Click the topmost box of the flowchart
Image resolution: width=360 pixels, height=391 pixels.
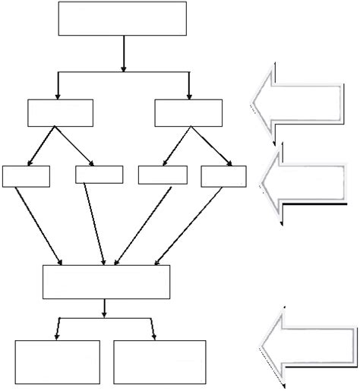coord(122,18)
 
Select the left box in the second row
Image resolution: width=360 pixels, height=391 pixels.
coord(60,112)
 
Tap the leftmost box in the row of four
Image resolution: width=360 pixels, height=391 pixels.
coord(26,175)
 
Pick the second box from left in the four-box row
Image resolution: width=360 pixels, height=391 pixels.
coord(99,175)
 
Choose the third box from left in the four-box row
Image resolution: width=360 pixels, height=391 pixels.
coord(162,175)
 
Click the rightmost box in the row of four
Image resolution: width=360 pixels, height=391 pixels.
coord(223,175)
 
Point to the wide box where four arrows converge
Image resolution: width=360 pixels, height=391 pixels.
coord(106,282)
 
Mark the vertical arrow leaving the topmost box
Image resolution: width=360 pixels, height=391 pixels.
coord(123,53)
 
